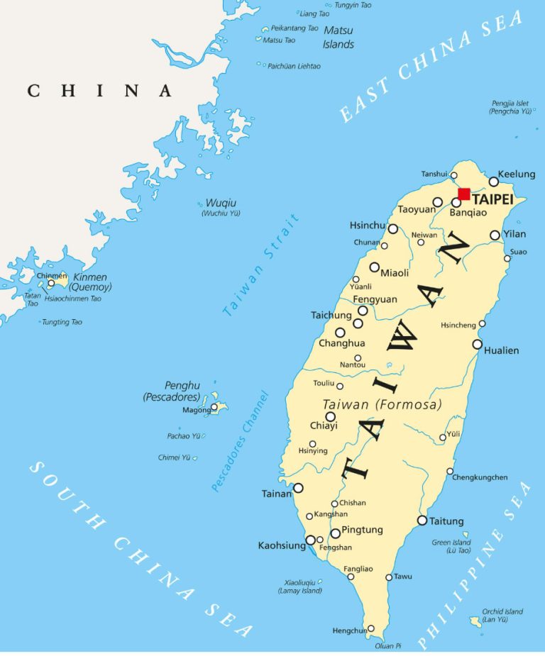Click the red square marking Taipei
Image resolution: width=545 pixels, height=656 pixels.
pos(464,194)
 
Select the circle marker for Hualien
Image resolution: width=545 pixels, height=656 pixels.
pos(478,345)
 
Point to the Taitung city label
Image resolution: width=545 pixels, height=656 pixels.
pos(447,521)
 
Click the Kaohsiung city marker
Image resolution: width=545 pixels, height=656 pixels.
pos(310,540)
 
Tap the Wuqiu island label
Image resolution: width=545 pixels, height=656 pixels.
pos(221,204)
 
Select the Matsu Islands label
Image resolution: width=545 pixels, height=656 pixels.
pos(338,37)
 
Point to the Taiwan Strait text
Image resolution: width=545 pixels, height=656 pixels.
pos(261,264)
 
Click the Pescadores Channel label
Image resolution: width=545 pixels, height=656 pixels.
pos(241,441)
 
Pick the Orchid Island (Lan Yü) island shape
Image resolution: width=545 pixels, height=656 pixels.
pos(475,621)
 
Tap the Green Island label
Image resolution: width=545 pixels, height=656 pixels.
pos(451,543)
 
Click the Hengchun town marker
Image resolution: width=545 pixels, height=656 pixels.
pos(370,629)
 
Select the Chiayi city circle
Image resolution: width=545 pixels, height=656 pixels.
pos(331,416)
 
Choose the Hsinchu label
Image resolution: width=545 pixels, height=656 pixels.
pos(368,226)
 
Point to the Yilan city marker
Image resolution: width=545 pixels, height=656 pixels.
pos(495,235)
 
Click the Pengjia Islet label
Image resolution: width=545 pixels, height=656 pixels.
pos(510,107)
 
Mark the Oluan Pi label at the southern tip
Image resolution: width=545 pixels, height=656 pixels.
pos(388,646)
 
